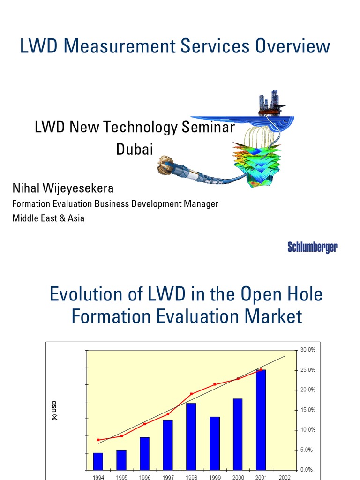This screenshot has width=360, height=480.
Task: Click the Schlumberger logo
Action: click(x=312, y=248)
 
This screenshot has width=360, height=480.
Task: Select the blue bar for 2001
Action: click(x=261, y=420)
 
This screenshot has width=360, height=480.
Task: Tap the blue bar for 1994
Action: click(x=98, y=461)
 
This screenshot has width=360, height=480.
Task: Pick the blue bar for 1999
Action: click(x=215, y=443)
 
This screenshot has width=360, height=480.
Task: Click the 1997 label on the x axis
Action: click(x=168, y=477)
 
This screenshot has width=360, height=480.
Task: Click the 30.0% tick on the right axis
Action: click(x=307, y=350)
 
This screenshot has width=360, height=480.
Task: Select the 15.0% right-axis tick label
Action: click(x=307, y=410)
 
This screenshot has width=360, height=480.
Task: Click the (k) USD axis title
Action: click(x=54, y=410)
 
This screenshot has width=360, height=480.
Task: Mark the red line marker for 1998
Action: click(x=191, y=394)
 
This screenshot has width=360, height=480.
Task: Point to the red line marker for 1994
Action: click(x=98, y=440)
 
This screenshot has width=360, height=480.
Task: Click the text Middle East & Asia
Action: click(x=48, y=218)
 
